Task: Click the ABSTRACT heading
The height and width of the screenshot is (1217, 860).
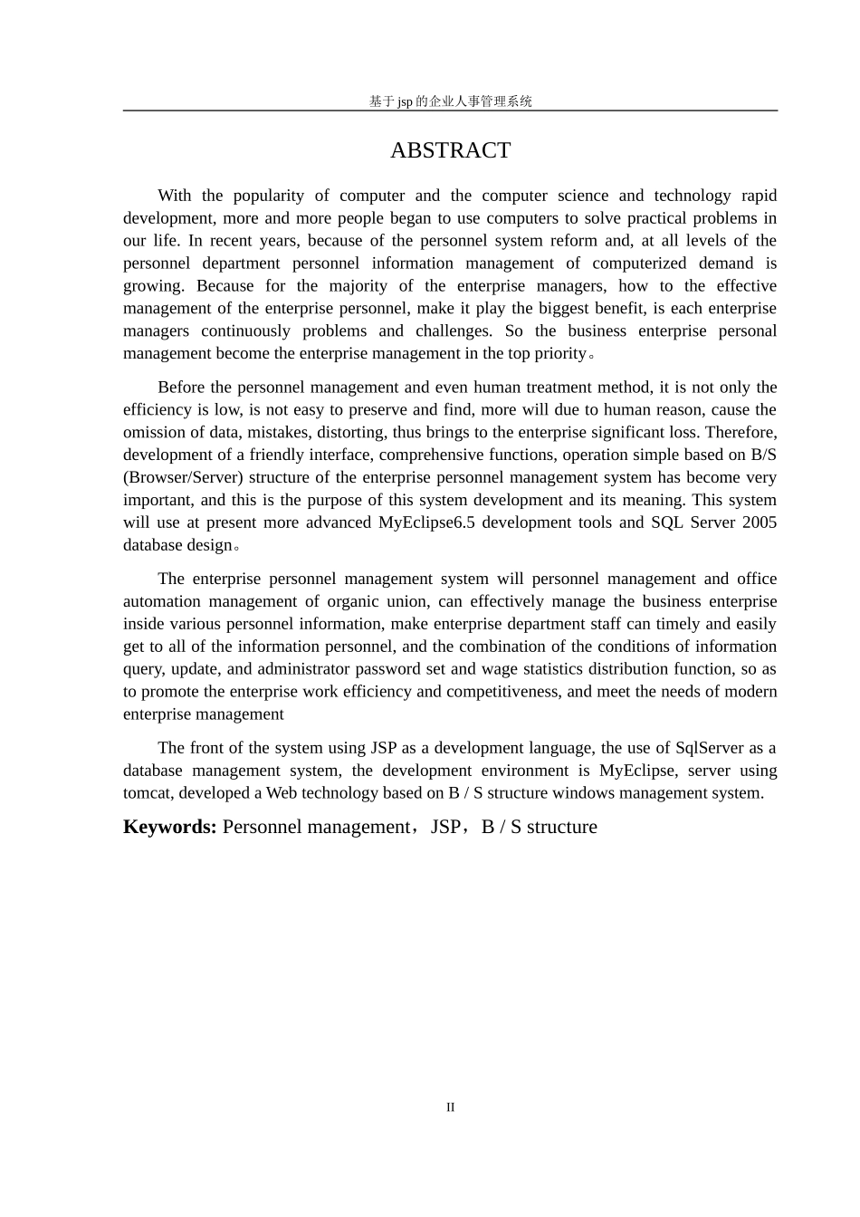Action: [450, 150]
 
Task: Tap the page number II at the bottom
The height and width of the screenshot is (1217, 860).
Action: [450, 1107]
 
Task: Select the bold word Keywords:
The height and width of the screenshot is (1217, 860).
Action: [169, 827]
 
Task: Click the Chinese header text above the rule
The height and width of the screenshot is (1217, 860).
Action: [450, 101]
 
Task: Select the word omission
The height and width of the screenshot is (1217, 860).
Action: [154, 433]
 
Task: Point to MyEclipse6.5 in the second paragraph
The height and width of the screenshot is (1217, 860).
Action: [425, 522]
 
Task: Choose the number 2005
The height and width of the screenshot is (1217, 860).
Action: [759, 522]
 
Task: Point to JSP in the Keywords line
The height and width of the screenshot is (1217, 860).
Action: [444, 827]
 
